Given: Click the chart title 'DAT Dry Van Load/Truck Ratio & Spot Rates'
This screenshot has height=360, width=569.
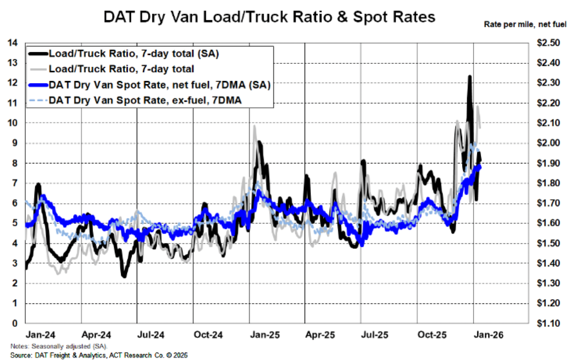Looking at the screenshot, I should [269, 17].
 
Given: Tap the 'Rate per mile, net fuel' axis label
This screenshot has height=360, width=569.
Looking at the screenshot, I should [525, 24].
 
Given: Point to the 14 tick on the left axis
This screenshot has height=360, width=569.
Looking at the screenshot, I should [13, 43].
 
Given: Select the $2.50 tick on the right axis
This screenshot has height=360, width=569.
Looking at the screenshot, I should [548, 43].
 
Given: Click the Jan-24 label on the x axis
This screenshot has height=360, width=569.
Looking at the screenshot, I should [40, 335].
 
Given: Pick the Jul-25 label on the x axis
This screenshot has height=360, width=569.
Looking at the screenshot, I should [374, 335].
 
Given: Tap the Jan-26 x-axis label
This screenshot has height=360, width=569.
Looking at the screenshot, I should [488, 335].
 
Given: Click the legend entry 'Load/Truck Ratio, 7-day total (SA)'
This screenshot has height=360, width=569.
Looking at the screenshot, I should [133, 54].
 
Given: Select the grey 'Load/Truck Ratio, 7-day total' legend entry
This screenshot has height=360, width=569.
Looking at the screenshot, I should [121, 69].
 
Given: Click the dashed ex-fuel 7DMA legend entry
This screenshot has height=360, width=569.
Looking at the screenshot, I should [145, 101].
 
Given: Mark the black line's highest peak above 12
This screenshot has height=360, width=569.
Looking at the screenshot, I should [469, 77].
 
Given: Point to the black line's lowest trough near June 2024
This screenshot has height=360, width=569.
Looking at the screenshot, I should [124, 276].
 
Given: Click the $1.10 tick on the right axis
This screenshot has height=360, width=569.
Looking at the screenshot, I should [548, 323].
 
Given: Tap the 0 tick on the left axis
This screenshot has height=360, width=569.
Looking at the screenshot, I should [15, 323].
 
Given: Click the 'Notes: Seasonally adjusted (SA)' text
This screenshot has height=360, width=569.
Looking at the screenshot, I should [59, 346].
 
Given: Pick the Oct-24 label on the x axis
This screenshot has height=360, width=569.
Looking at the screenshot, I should [208, 335].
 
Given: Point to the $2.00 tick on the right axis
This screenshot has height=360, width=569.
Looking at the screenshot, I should [548, 143].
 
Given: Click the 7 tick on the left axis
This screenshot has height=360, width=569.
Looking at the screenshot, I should [15, 183].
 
